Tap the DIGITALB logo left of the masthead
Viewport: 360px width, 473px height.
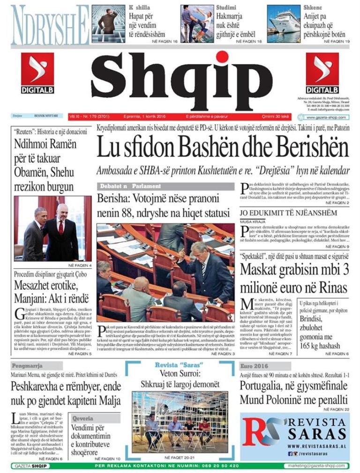tap(37, 73)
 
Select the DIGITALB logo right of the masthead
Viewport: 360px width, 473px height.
tap(322, 73)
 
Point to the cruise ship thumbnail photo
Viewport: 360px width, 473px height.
tap(284, 23)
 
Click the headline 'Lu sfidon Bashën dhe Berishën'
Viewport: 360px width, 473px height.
tap(223, 148)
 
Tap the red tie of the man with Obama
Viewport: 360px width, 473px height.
tap(60, 227)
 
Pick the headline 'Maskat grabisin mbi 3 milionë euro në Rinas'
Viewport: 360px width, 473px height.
tap(294, 278)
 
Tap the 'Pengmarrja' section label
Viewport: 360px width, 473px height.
tap(28, 365)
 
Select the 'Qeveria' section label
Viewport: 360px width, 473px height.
tap(83, 418)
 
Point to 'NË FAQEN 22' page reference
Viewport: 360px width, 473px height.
tap(333, 409)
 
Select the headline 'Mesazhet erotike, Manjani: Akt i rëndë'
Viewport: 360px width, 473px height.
tap(46, 292)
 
